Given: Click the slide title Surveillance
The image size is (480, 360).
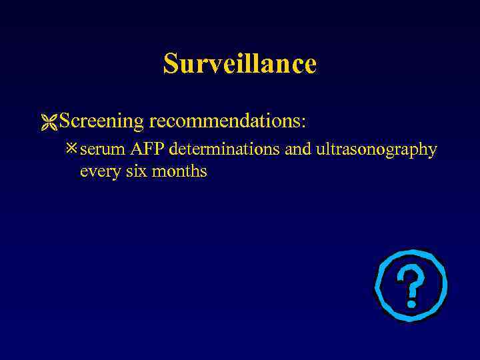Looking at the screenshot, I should pyautogui.click(x=240, y=64).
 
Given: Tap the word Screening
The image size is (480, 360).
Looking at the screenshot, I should pyautogui.click(x=101, y=121).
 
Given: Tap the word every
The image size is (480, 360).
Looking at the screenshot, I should pyautogui.click(x=98, y=171).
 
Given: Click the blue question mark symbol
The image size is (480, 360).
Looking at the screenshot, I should pyautogui.click(x=411, y=285).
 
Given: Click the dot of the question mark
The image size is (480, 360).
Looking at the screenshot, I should pyautogui.click(x=412, y=303).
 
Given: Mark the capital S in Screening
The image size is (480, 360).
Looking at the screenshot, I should pyautogui.click(x=65, y=121).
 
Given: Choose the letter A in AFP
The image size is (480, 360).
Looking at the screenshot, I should pyautogui.click(x=137, y=149).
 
